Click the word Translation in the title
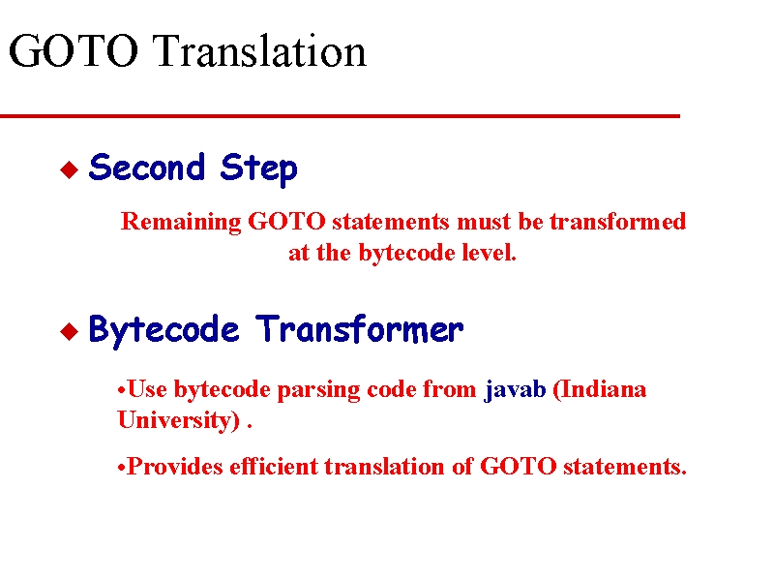[x=259, y=51]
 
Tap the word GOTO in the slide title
[x=74, y=51]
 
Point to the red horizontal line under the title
[x=341, y=116]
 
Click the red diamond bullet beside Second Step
[x=69, y=169]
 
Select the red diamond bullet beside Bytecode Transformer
[x=69, y=331]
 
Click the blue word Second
[x=147, y=167]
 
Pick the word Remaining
[x=181, y=222]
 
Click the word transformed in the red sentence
[x=618, y=221]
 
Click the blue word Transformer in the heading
[x=359, y=328]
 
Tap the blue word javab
[x=515, y=390]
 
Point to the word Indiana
[x=599, y=389]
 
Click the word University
[x=179, y=420]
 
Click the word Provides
[x=175, y=467]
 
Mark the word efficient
[x=274, y=467]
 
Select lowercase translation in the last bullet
[x=384, y=467]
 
